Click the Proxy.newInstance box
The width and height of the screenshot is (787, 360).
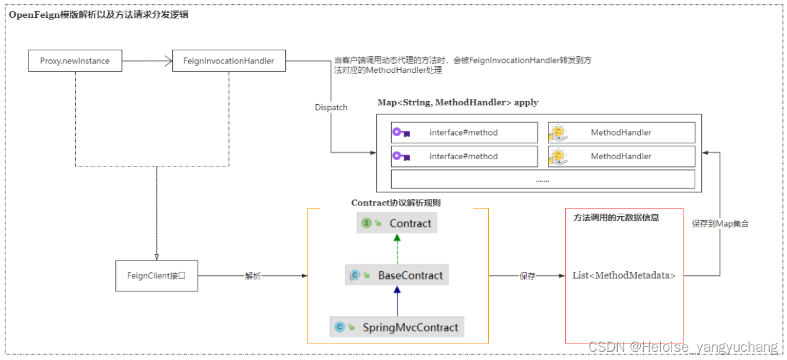(75, 61)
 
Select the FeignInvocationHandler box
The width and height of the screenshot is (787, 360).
(228, 61)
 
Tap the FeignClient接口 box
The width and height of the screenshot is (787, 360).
(156, 276)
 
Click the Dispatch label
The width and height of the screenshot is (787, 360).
(331, 108)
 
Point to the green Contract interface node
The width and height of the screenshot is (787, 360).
(397, 223)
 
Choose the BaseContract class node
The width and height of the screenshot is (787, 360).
(396, 275)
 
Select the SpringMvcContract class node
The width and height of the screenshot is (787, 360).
(396, 327)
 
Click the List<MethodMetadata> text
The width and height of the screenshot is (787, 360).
(624, 275)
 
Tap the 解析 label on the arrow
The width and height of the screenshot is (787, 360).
(253, 277)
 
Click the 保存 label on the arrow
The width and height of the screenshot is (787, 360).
(527, 277)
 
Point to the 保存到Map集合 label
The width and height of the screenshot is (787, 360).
(720, 224)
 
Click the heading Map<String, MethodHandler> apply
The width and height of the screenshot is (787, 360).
(457, 102)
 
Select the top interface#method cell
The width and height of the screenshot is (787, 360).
(464, 133)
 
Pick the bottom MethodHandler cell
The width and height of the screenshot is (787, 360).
(621, 156)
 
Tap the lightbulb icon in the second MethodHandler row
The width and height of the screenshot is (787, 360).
(558, 156)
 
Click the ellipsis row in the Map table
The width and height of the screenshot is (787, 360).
(543, 179)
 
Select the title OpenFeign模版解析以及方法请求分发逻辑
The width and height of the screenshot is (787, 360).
(99, 15)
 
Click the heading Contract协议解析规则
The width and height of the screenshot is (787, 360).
(395, 202)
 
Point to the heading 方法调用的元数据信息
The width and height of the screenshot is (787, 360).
(616, 217)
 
